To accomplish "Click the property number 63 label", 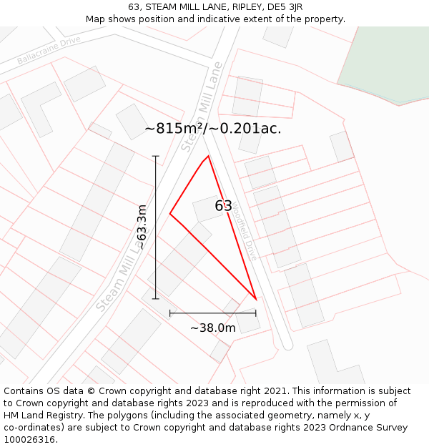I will (223, 206).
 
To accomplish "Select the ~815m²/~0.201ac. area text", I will (213, 129).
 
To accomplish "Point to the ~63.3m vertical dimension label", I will (142, 227).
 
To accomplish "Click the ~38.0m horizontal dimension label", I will (212, 328).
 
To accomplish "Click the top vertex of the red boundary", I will (208, 156).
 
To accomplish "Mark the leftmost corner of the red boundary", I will (170, 214).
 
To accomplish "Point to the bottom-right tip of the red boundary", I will (256, 299).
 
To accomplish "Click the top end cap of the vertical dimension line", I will (155, 156).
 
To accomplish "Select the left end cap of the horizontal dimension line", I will (170, 313).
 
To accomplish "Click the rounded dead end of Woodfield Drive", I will (287, 345).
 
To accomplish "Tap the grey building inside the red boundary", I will (207, 208).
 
